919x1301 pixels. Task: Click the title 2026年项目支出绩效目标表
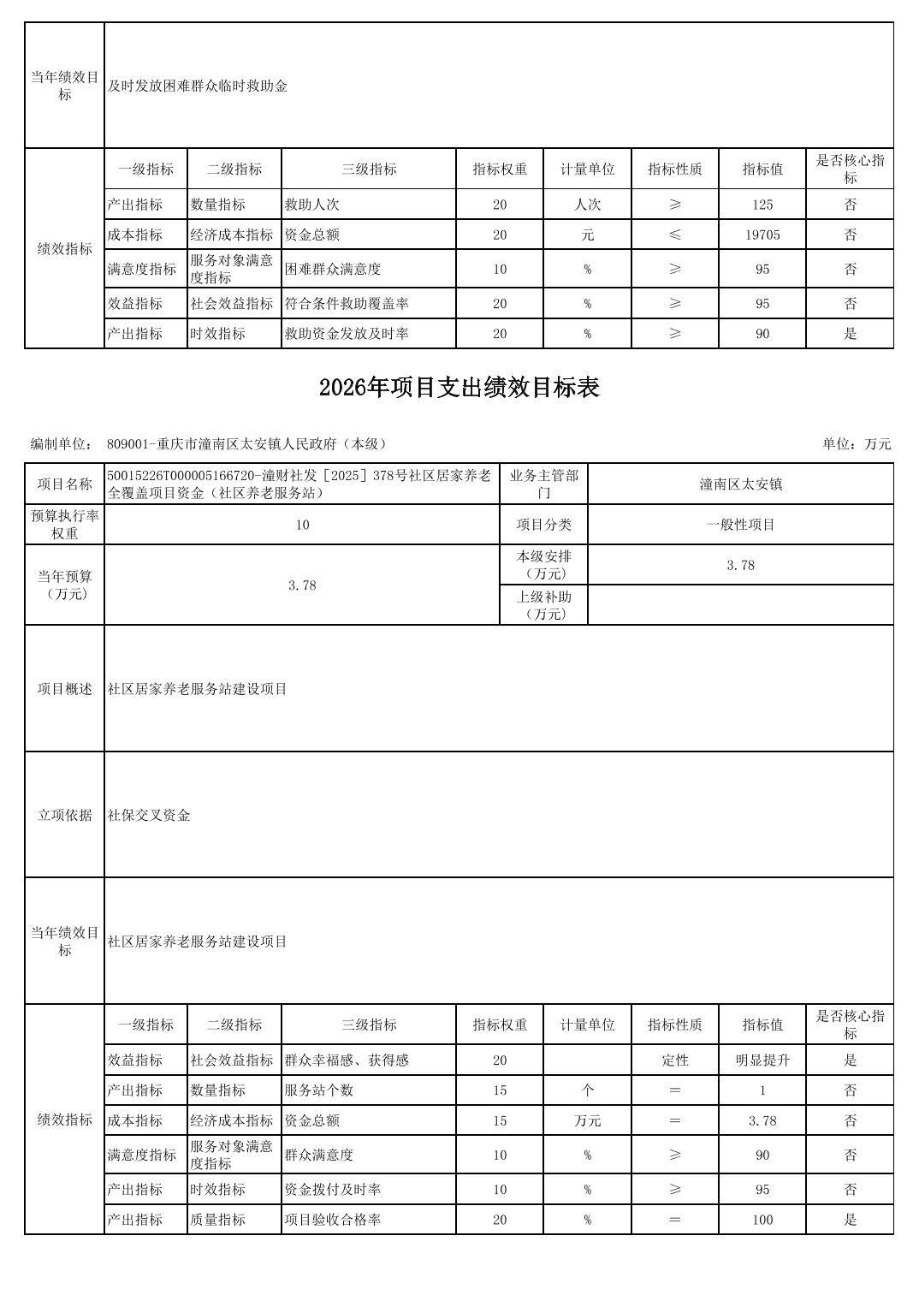pyautogui.click(x=459, y=388)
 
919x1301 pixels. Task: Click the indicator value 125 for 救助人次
pyautogui.click(x=762, y=205)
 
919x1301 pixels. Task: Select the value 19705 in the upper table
pyautogui.click(x=762, y=235)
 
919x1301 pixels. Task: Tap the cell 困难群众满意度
pyautogui.click(x=333, y=269)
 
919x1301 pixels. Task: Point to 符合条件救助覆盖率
pyautogui.click(x=347, y=304)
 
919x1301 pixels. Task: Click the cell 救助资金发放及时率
pyautogui.click(x=347, y=334)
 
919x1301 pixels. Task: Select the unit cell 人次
pyautogui.click(x=587, y=205)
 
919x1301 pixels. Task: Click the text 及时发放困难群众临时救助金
pyautogui.click(x=198, y=86)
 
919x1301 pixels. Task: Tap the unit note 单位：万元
pyautogui.click(x=857, y=443)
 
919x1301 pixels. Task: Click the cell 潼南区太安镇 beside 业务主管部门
pyautogui.click(x=740, y=484)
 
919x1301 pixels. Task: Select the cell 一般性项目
pyautogui.click(x=740, y=525)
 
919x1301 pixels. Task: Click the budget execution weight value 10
pyautogui.click(x=302, y=525)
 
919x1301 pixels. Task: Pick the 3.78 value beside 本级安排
pyautogui.click(x=740, y=565)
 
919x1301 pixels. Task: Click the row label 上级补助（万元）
pyautogui.click(x=543, y=605)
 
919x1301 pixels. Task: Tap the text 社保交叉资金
pyautogui.click(x=149, y=815)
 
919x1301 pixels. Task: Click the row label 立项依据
pyautogui.click(x=64, y=815)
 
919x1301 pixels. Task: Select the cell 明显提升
pyautogui.click(x=762, y=1060)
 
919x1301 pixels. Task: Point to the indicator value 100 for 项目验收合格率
pyautogui.click(x=762, y=1220)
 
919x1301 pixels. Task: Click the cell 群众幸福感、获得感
pyautogui.click(x=347, y=1060)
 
